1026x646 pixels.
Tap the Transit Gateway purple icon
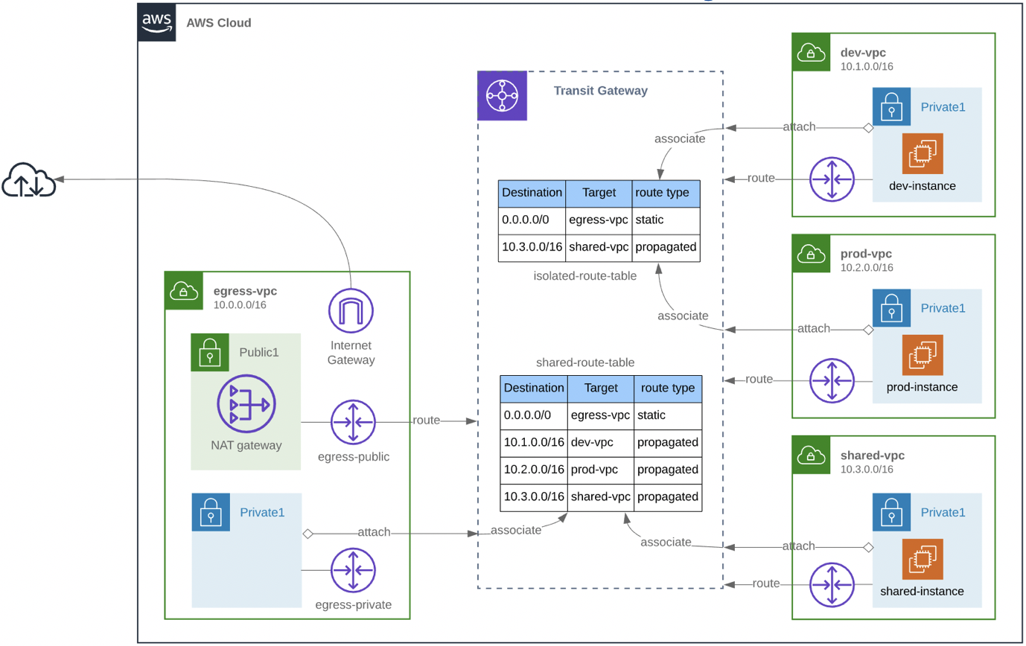tap(502, 95)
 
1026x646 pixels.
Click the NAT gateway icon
tap(245, 406)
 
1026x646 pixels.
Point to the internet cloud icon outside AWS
tap(29, 180)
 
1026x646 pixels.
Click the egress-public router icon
tap(354, 422)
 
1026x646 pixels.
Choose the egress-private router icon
tap(354, 571)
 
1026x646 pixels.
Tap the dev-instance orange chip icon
tap(923, 154)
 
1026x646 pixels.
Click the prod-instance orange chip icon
tap(923, 355)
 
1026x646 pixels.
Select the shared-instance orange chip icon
tap(923, 560)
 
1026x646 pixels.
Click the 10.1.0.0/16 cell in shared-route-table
tap(533, 443)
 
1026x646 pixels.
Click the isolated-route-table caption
tap(584, 276)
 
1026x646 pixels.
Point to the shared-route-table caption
tap(584, 362)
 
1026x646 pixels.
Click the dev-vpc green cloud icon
tap(811, 52)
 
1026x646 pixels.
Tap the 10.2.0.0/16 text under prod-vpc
tap(867, 267)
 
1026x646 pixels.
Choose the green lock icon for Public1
tap(210, 352)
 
